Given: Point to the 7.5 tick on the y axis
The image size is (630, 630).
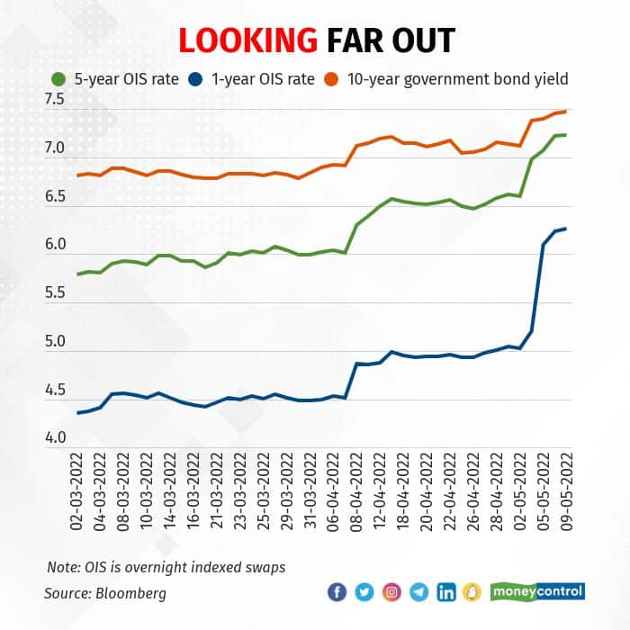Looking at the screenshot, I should click(57, 99).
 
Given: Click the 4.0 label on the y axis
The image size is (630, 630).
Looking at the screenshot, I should click(57, 438).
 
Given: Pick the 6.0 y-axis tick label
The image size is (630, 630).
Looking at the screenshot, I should click(57, 245).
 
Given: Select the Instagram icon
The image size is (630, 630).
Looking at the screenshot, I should click(392, 592).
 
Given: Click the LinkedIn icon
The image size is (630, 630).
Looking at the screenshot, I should click(446, 592).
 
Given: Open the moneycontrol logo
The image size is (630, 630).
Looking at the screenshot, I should click(538, 592).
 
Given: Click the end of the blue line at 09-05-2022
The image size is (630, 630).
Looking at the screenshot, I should click(565, 229).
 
